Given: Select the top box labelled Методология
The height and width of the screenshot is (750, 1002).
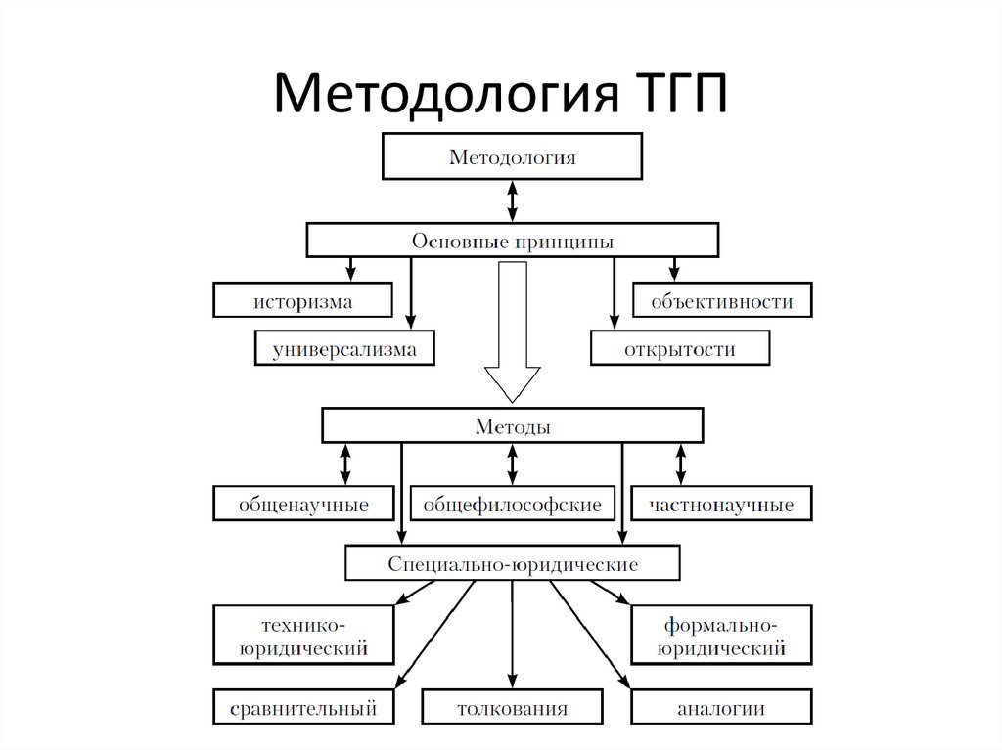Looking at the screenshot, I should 512,156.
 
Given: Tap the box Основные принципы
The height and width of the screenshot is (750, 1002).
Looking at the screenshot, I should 513,241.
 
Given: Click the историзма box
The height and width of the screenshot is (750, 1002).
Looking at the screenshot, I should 303,301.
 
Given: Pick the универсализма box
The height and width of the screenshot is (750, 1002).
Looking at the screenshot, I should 343,349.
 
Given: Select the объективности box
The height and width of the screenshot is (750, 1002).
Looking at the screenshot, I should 722,301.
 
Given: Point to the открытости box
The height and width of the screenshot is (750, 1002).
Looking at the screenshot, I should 679,349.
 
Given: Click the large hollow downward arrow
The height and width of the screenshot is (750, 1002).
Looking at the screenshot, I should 512,332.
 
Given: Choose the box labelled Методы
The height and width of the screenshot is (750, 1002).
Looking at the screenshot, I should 512,426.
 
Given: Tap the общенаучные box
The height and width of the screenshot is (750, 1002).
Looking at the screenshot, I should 303,505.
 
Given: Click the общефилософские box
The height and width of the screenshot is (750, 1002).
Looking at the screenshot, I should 512,505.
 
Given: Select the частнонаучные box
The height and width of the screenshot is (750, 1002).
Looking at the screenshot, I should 721,505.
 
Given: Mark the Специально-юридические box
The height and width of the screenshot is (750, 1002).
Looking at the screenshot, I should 512,564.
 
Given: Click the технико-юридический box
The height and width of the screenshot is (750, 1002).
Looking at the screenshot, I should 303,635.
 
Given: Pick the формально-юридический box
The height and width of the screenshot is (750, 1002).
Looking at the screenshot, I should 721,635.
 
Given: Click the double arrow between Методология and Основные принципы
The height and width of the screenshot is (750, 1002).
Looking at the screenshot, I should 512,200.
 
